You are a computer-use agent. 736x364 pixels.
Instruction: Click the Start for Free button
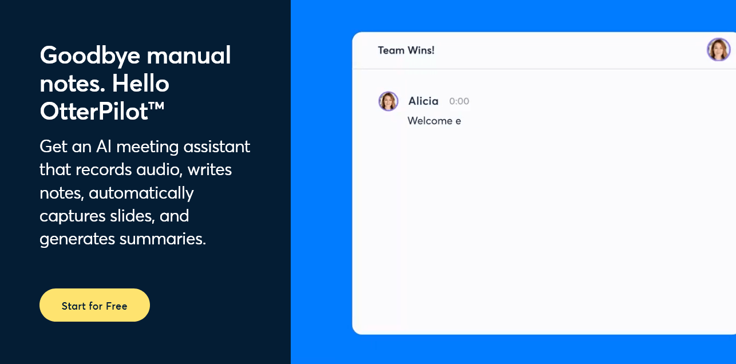coord(94,305)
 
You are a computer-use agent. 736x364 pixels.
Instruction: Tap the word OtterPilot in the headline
coord(94,112)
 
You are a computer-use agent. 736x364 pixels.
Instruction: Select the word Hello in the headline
coord(141,83)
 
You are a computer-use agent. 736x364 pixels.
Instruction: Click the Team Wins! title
coord(406,50)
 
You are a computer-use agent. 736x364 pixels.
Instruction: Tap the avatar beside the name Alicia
coord(389,101)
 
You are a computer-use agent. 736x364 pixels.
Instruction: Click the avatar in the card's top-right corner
coord(719,50)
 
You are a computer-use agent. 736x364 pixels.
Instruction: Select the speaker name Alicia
coord(423,101)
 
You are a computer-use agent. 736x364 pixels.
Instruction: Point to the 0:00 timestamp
coord(459,101)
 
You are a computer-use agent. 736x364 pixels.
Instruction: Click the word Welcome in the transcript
coord(430,121)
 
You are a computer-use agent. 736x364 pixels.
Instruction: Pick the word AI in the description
coord(104,147)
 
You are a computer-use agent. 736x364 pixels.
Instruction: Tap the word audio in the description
coord(159,170)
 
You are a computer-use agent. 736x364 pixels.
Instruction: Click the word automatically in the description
coord(141,193)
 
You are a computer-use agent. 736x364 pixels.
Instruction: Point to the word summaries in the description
coord(163,239)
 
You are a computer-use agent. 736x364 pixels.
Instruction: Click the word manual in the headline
coord(189,56)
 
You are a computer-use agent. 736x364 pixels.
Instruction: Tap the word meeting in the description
coord(148,147)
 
